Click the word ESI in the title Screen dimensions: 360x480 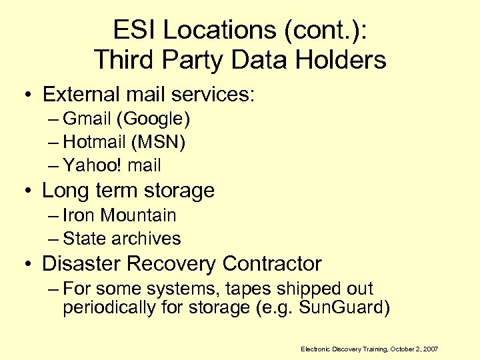(x=133, y=30)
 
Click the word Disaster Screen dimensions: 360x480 (x=81, y=264)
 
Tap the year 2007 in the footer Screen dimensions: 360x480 (x=430, y=349)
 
